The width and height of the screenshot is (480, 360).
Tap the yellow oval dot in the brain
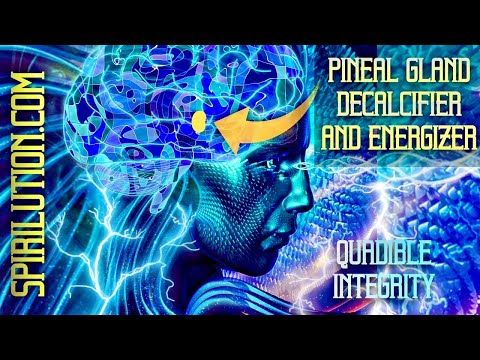(x=198, y=123)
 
